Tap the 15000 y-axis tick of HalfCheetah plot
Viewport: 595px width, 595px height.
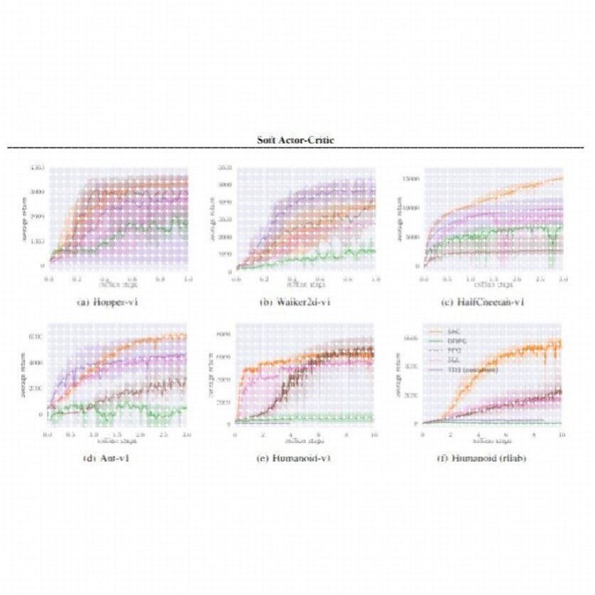pos(411,179)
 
